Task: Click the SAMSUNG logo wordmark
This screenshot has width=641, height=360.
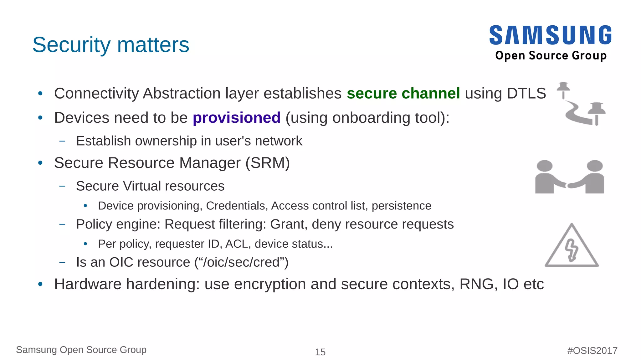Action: pyautogui.click(x=550, y=35)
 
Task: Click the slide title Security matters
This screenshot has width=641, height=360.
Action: pyautogui.click(x=111, y=45)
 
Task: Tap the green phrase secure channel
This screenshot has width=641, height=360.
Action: pyautogui.click(x=403, y=93)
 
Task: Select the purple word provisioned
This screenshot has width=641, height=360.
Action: pyautogui.click(x=236, y=118)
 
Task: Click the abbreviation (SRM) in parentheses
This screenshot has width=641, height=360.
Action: pyautogui.click(x=268, y=163)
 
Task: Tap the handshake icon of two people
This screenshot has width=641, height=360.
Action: pyautogui.click(x=569, y=177)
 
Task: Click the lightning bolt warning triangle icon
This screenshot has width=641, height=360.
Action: pyautogui.click(x=572, y=246)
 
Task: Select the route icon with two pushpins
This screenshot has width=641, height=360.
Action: pyautogui.click(x=581, y=104)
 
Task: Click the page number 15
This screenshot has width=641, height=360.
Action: pyautogui.click(x=320, y=352)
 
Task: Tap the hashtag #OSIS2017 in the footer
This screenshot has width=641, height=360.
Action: pyautogui.click(x=592, y=350)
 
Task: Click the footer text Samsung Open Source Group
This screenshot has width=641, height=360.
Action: pyautogui.click(x=81, y=350)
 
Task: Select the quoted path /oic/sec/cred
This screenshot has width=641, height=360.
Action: pyautogui.click(x=241, y=262)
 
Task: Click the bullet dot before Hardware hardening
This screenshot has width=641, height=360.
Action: pyautogui.click(x=40, y=284)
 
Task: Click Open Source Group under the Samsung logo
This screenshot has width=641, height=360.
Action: pyautogui.click(x=551, y=55)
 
